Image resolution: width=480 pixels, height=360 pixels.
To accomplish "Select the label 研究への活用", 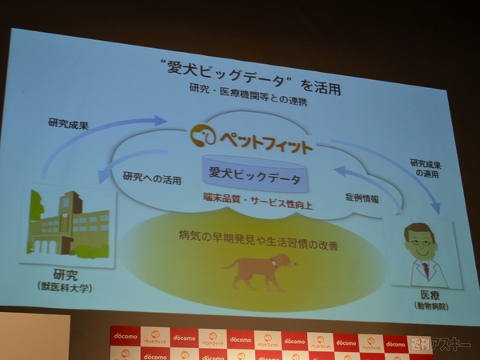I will click(x=150, y=176).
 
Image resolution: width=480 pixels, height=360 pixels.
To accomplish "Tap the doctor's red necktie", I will click(x=426, y=269).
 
